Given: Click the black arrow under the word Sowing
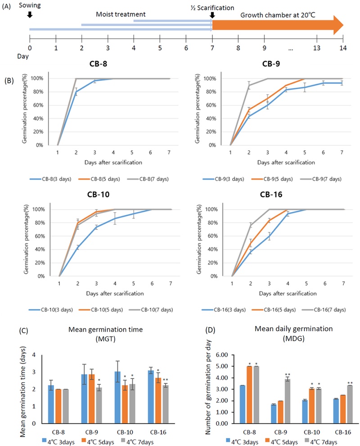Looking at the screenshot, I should click(30, 14).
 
